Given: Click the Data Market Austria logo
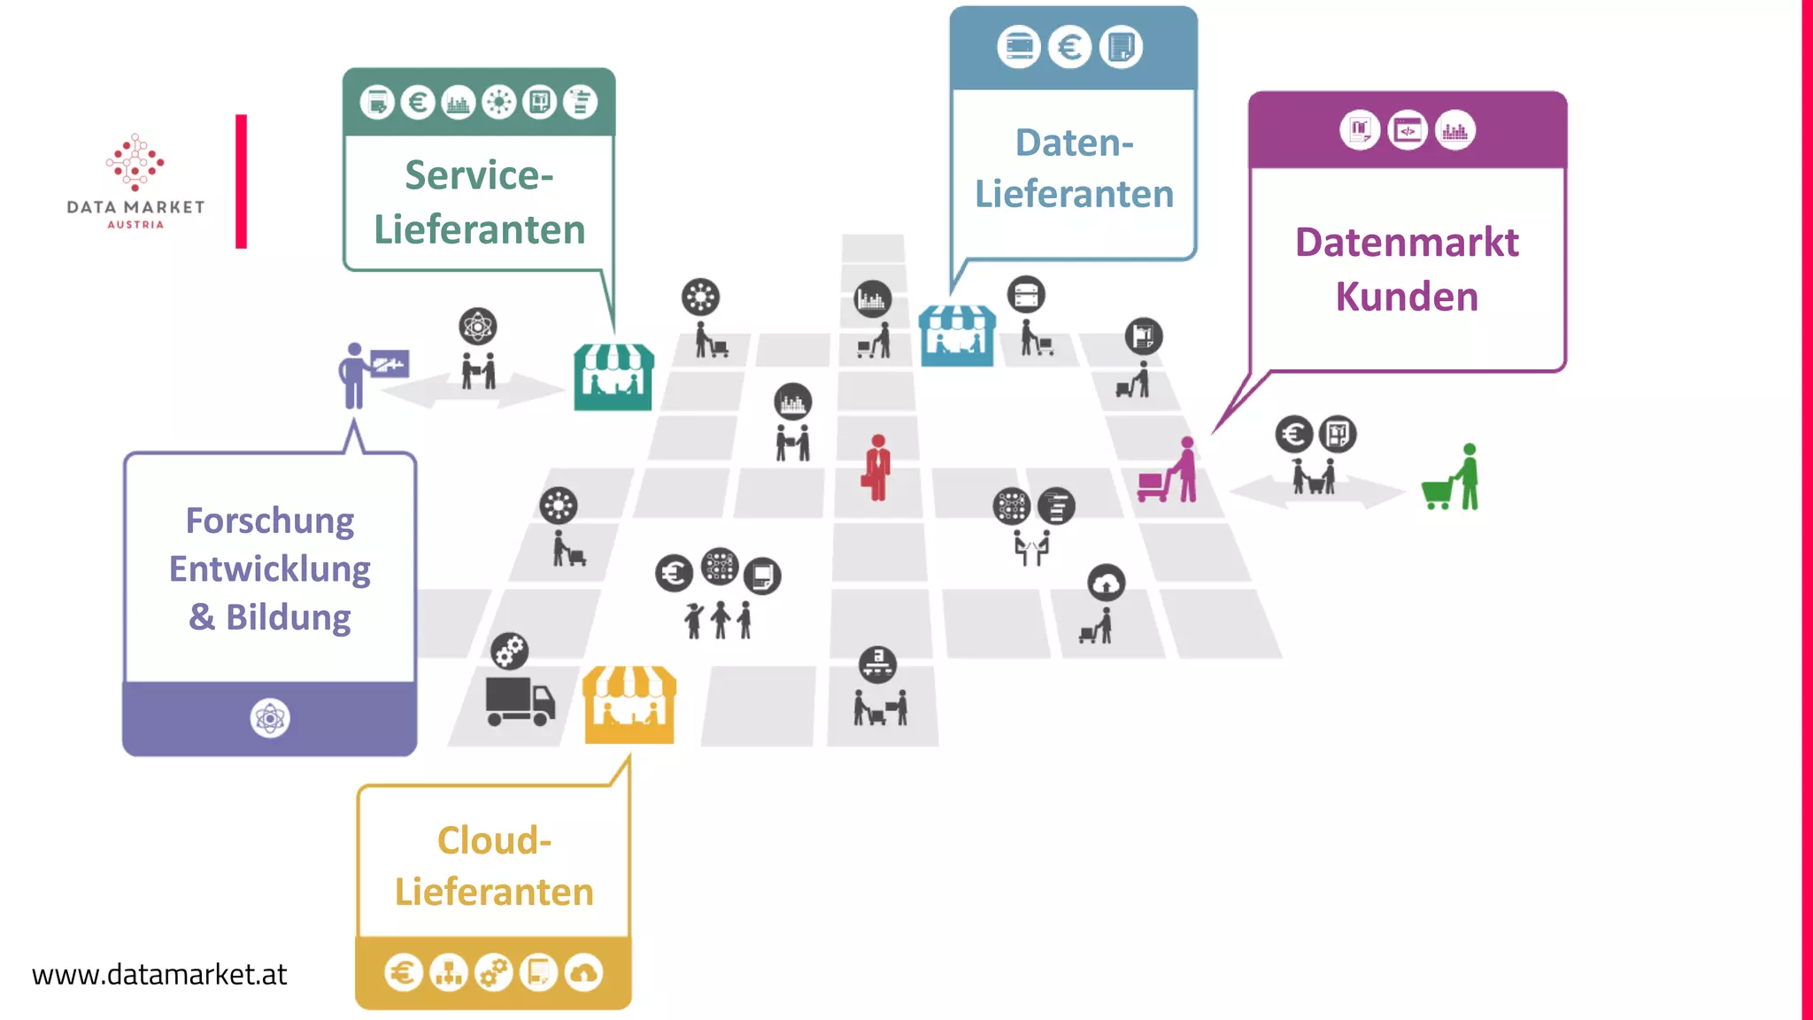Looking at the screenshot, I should point(135,181).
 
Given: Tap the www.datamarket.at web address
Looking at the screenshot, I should point(159,975).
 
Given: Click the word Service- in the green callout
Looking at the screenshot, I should point(479,175).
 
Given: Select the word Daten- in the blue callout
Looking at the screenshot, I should point(1074,143).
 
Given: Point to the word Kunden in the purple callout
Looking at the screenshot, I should point(1407,297).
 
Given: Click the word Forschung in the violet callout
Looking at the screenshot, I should point(269,521).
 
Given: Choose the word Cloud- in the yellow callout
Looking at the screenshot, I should point(494,840).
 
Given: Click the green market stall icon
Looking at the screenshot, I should point(613,377).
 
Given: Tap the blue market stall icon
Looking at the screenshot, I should point(957,336).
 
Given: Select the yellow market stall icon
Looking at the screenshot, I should point(629,706).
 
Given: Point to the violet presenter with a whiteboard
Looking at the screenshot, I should point(367,374).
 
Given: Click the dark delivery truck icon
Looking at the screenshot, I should point(520,701).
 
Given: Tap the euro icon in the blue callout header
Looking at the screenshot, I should point(1069,47).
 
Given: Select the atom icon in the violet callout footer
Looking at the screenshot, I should point(270,718).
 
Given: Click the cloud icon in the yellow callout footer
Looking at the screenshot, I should point(583,973).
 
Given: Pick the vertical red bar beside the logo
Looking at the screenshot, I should point(241,182).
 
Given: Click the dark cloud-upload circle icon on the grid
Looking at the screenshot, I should point(1106,583).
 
